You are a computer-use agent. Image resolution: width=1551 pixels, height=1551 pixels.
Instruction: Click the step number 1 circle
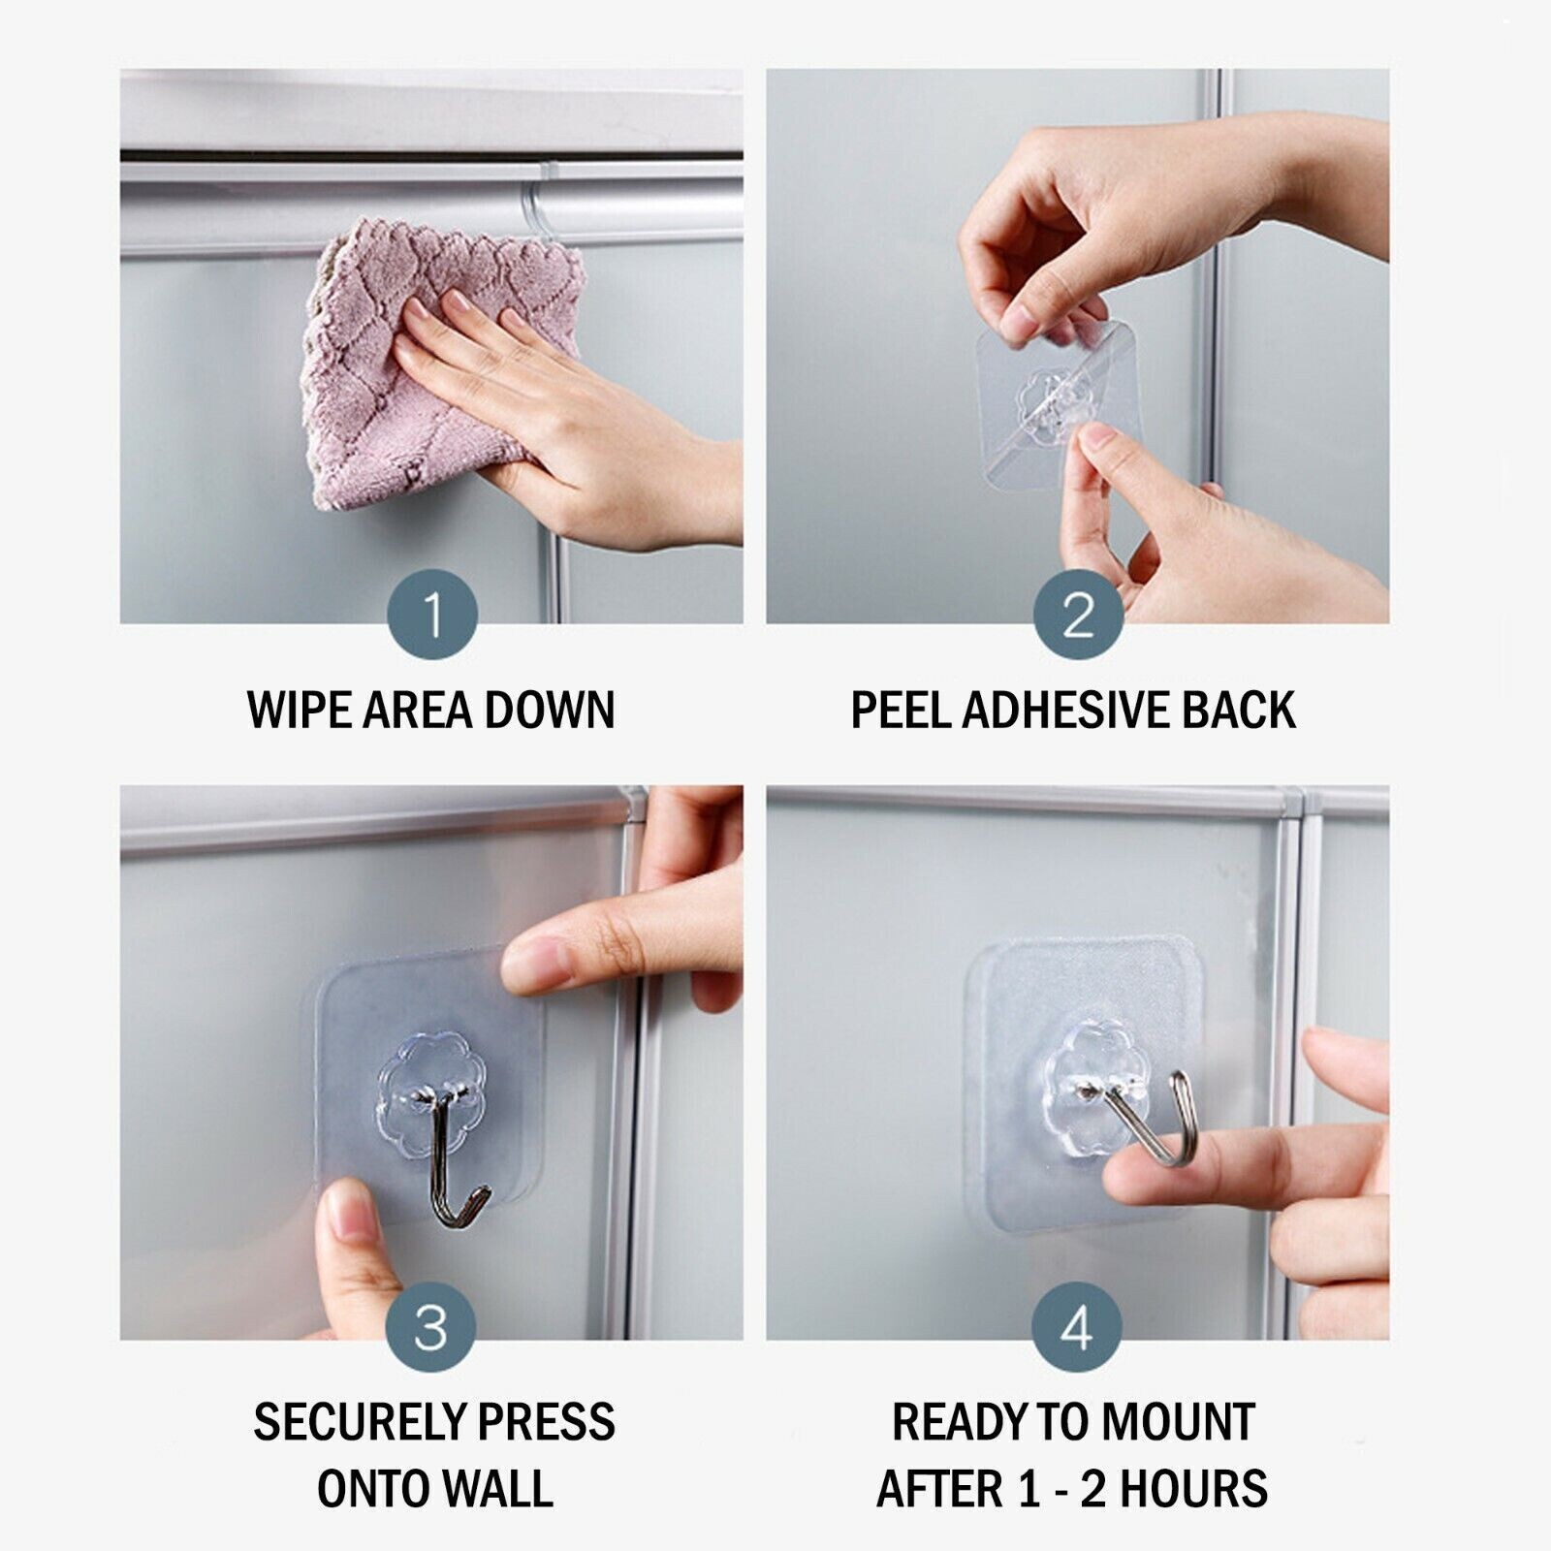[432, 615]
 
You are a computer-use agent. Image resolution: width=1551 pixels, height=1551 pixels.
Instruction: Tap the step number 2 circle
[1078, 615]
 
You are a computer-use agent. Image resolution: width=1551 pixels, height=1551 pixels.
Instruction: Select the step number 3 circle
[432, 1328]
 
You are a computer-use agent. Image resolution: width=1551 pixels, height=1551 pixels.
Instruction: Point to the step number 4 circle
[1078, 1328]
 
